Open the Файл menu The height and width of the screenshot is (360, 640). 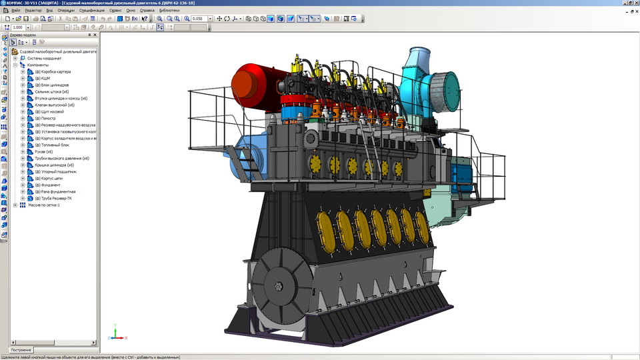[15, 11]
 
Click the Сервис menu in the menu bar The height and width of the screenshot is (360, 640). [115, 11]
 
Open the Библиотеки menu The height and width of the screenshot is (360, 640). [169, 11]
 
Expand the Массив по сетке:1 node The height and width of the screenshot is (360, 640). [15, 205]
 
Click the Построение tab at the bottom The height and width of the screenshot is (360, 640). [21, 350]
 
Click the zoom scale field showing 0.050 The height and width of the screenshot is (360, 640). [198, 19]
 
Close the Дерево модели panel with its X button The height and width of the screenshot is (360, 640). [95, 35]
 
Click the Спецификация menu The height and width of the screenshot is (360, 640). [91, 11]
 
